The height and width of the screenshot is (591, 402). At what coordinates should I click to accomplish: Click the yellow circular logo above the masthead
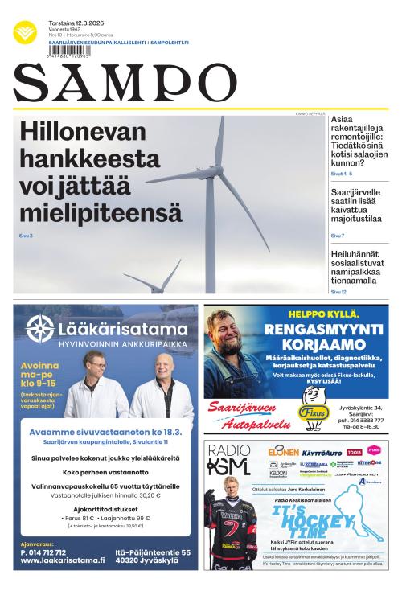25,32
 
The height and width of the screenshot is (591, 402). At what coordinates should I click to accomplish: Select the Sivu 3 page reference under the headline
26,236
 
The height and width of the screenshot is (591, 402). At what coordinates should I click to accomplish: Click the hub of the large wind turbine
215,170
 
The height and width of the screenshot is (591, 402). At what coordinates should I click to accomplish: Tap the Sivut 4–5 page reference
342,174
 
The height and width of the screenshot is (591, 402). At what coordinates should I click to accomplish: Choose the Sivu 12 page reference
338,292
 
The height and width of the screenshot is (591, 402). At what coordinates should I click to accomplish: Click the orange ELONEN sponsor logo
283,452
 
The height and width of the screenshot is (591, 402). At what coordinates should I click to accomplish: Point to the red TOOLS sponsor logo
355,452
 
